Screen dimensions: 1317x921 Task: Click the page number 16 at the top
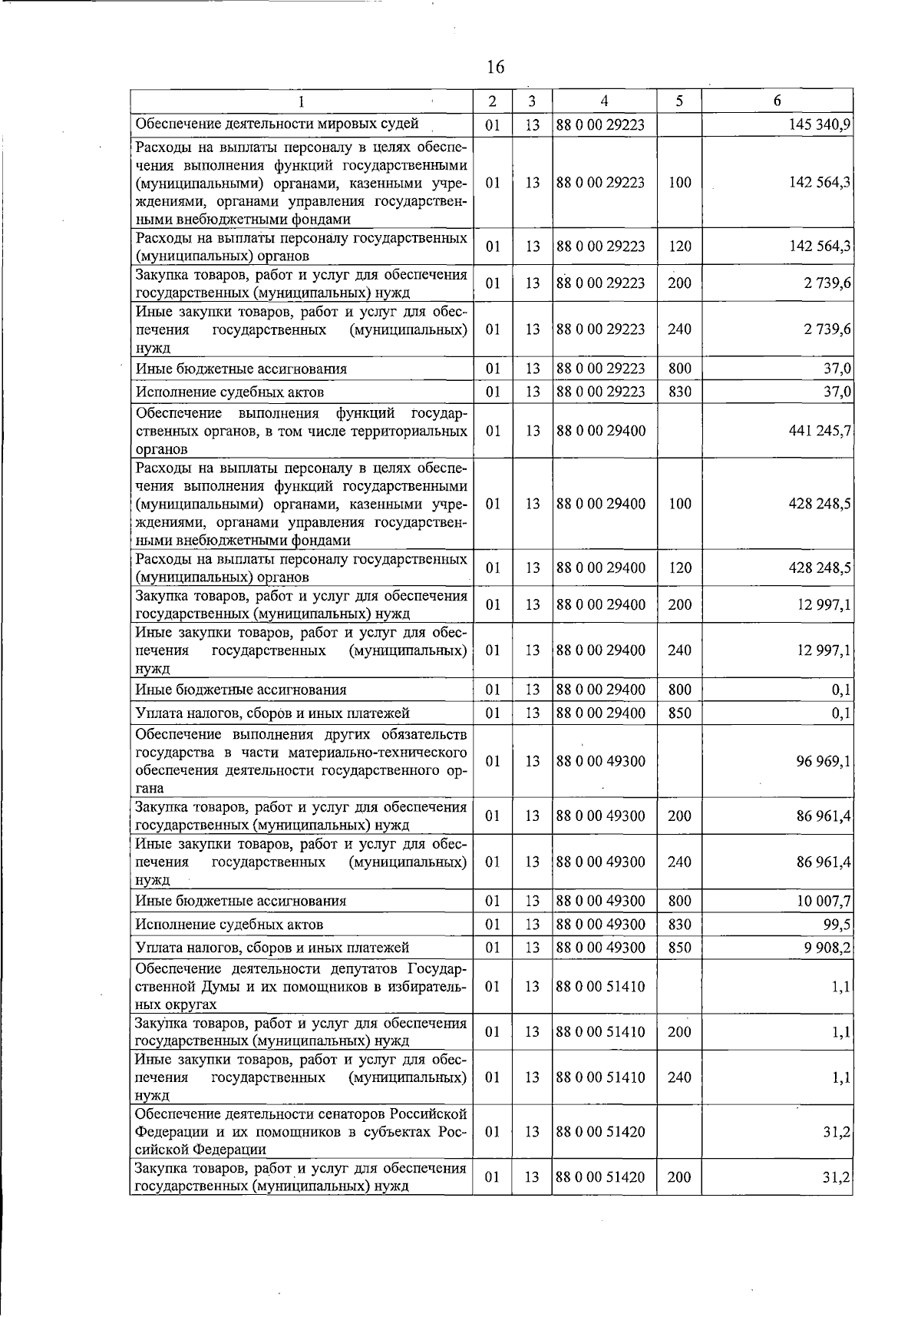[495, 68]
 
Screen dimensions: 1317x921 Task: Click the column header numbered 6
[777, 101]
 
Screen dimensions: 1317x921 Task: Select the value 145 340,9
[819, 124]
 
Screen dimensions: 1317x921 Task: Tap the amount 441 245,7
[819, 431]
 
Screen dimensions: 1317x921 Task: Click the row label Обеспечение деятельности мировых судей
[277, 124]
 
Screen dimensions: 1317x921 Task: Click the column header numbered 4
[604, 101]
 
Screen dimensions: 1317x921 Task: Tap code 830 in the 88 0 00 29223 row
[679, 392]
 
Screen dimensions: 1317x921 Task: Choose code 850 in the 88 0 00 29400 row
[679, 713]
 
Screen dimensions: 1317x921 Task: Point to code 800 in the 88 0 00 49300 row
[679, 901]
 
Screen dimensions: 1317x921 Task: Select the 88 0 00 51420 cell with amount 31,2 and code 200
[600, 1177]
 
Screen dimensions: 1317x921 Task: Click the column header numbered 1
[302, 101]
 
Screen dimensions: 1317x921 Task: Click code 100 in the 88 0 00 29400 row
[679, 504]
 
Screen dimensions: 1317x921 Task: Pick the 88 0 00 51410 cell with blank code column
[600, 986]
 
